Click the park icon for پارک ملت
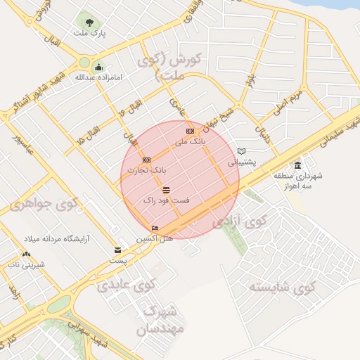[x=88, y=22]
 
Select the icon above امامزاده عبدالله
[x=97, y=67]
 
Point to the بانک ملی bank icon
[x=190, y=131]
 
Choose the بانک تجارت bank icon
[x=147, y=160]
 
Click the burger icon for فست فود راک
[x=166, y=191]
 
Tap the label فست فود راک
[x=162, y=201]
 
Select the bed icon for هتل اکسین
[x=155, y=228]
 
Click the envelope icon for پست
[x=117, y=250]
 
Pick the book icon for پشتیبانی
[x=241, y=151]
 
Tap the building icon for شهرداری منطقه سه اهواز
[x=297, y=166]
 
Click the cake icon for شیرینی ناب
[x=27, y=254]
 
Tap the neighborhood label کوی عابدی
[x=125, y=286]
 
